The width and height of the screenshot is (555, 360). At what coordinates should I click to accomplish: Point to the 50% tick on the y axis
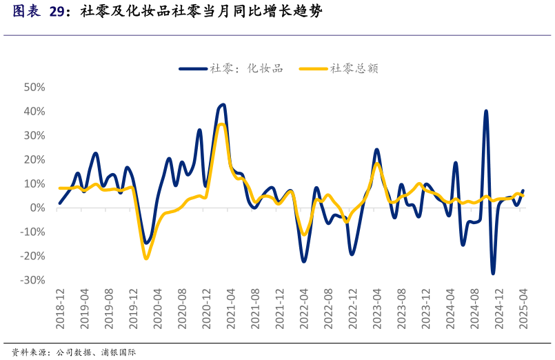pos(34,88)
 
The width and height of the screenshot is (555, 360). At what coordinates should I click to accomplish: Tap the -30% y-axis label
pos(33,280)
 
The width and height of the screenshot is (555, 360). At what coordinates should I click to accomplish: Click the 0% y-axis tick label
pos(37,208)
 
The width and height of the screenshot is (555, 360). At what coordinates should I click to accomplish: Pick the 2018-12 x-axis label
pos(60,308)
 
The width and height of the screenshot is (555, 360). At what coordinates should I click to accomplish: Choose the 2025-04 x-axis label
pos(523,308)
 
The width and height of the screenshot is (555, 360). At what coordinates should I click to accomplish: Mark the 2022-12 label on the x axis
pos(352,308)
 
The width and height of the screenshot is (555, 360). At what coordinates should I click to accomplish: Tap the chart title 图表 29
pos(39,12)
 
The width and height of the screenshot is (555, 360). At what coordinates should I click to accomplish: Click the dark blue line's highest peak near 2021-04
pos(223,105)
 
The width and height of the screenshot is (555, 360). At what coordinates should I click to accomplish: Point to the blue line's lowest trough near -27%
pos(493,273)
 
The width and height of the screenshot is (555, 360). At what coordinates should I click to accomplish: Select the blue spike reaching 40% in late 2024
pos(486,111)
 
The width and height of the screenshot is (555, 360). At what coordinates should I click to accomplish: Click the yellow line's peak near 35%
pos(221,124)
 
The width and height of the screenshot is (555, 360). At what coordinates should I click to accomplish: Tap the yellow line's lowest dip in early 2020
pos(146,259)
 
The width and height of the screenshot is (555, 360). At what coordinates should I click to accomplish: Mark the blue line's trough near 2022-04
pos(304,261)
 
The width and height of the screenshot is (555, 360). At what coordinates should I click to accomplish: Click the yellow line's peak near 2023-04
pos(377,164)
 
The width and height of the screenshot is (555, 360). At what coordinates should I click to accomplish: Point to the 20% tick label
pos(34,160)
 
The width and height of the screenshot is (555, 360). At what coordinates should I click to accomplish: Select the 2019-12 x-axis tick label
pos(133,308)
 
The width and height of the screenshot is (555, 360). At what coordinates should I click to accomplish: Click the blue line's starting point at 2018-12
pos(60,203)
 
